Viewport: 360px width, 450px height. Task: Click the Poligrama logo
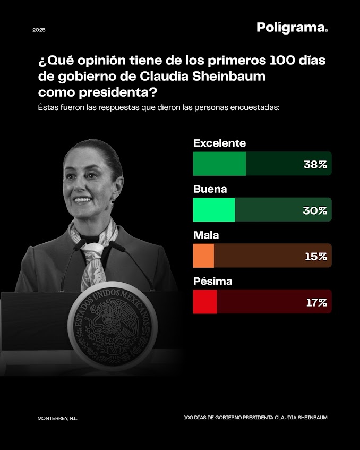292,28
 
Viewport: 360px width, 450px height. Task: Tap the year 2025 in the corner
39,30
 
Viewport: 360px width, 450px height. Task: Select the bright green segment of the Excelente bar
219,164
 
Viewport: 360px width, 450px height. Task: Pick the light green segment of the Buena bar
213,210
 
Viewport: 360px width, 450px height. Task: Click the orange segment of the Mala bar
203,256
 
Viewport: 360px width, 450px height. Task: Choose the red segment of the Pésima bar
204,302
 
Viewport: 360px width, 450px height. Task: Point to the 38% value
315,164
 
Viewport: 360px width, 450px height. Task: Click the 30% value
315,210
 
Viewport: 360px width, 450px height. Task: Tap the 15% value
315,256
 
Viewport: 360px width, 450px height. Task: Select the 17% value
316,302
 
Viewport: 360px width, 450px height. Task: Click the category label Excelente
219,143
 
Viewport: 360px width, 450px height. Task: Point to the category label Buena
210,189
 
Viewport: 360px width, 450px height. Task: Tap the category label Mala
206,235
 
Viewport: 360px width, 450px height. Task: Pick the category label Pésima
212,281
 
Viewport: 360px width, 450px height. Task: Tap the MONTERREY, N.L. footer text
57,418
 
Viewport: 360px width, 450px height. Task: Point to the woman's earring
113,202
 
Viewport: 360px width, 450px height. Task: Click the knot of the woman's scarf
96,248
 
